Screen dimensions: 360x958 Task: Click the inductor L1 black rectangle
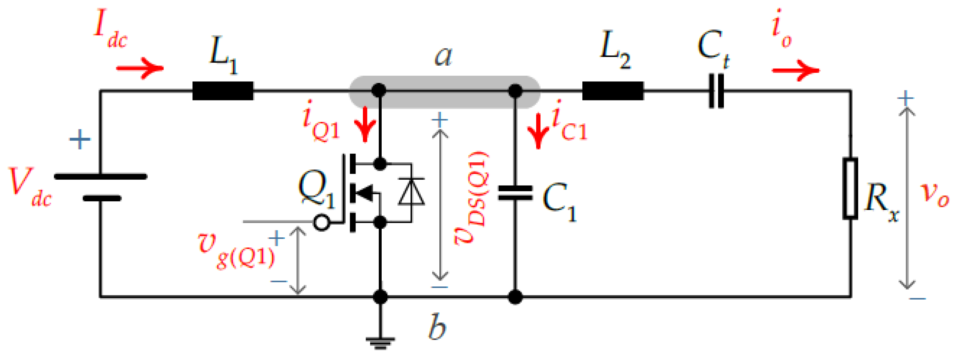click(222, 91)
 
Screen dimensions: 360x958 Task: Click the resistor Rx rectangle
click(850, 188)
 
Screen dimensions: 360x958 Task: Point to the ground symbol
click(380, 342)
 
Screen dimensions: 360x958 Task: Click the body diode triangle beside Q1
click(411, 192)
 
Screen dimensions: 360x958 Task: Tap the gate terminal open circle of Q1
click(321, 222)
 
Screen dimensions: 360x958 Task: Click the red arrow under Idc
click(140, 68)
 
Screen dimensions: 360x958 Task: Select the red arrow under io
click(796, 70)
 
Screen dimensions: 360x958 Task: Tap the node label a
click(443, 56)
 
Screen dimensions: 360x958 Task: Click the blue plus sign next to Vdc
click(80, 139)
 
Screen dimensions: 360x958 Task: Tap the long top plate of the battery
click(100, 176)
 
